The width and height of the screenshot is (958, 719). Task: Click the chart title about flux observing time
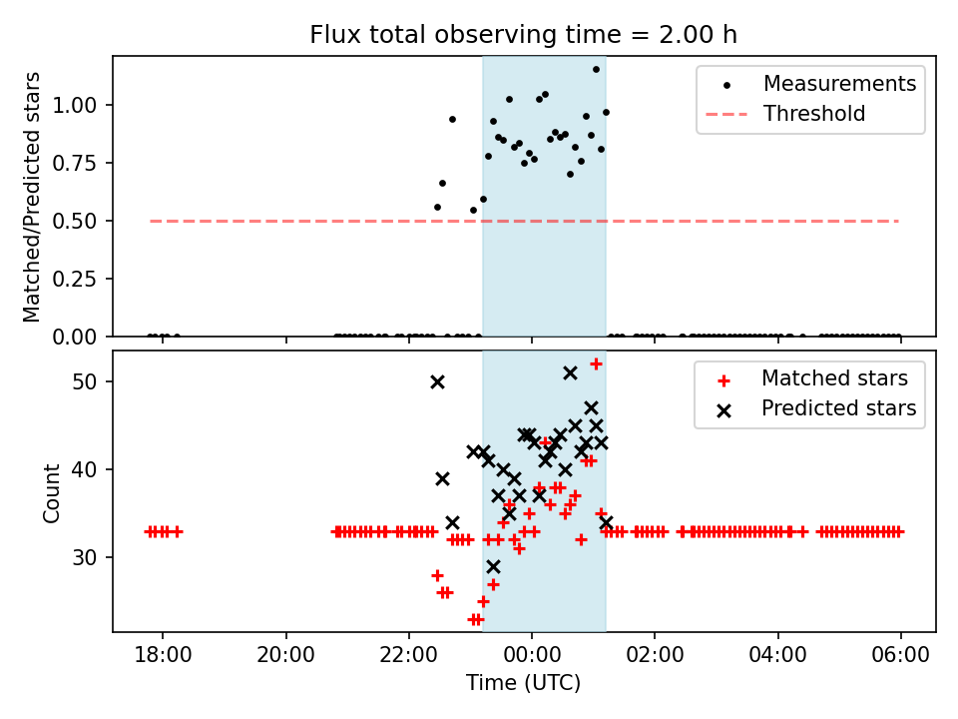524,35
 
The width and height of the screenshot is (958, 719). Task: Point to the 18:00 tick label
163,659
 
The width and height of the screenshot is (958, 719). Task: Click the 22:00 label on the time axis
409,659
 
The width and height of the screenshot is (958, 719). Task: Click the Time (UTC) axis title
524,684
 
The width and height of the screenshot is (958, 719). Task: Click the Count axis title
52,491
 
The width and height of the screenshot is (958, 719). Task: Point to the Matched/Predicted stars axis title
32,197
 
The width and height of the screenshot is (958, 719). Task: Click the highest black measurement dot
596,70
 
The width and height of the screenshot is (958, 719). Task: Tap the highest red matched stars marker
596,364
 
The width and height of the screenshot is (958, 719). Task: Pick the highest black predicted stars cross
570,372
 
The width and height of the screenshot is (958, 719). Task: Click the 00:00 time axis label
532,659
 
